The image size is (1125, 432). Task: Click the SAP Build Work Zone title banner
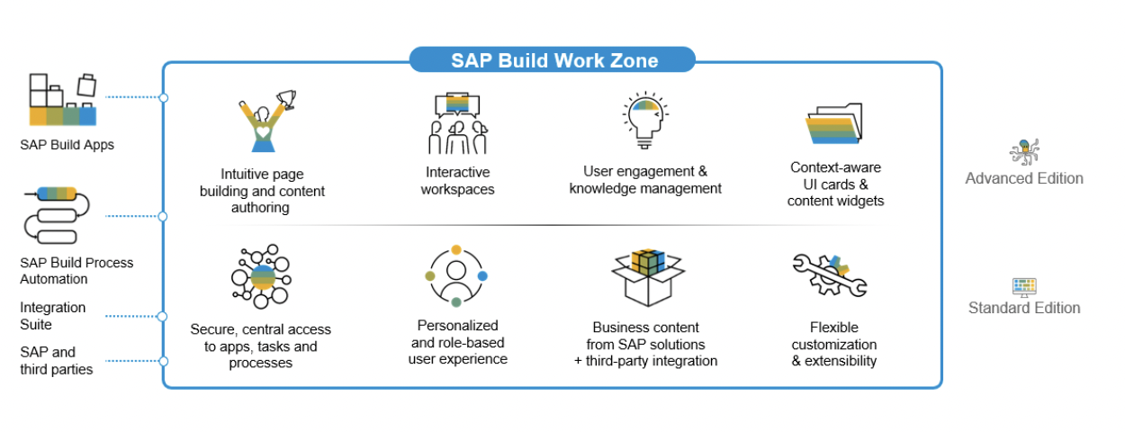(x=553, y=59)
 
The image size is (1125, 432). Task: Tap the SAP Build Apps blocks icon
(x=63, y=99)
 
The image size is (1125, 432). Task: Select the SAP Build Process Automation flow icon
(x=56, y=215)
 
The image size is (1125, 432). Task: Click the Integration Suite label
(x=53, y=316)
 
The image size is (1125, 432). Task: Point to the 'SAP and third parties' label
(x=56, y=361)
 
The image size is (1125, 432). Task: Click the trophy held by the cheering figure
(x=287, y=98)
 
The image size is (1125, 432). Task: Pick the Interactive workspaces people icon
(x=457, y=122)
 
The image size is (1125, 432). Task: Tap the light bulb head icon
(x=646, y=120)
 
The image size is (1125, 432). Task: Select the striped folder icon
(x=834, y=123)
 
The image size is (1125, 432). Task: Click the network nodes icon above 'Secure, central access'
(x=261, y=276)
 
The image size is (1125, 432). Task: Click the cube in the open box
(x=648, y=262)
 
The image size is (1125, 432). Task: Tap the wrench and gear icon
(x=830, y=274)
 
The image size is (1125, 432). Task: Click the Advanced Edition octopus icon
(x=1024, y=152)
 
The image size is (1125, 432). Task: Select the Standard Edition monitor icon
(x=1024, y=287)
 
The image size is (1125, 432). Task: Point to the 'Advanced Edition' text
(x=1024, y=178)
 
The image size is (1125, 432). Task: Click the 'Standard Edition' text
(x=1024, y=308)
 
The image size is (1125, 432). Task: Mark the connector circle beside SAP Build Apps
(x=163, y=97)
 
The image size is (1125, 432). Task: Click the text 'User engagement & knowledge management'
(x=645, y=180)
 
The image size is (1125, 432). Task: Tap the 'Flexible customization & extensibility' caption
(x=834, y=344)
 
